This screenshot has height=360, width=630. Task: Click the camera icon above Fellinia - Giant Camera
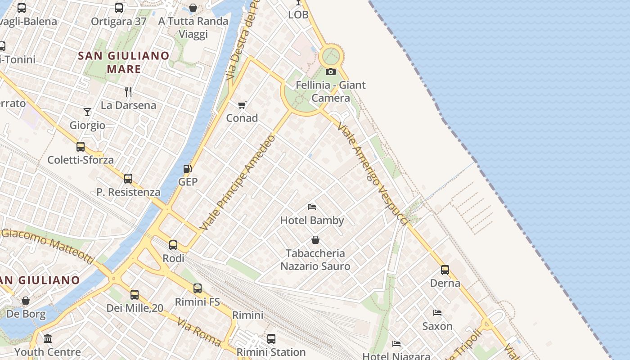pos(330,72)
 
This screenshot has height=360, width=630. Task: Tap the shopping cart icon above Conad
pos(242,105)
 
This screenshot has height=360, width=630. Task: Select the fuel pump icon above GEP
pos(187,169)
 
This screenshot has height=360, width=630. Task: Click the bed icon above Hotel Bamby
pos(312,207)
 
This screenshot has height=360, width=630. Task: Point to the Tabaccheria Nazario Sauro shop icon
pos(315,240)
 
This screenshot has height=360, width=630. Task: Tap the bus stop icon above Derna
pos(445,270)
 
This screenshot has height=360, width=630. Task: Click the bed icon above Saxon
pos(437,313)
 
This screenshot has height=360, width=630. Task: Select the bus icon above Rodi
pos(173,245)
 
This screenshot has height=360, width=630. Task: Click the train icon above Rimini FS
pos(198,288)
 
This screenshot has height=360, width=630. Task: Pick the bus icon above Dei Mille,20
pos(135,295)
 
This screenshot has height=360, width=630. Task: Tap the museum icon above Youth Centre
pos(48,338)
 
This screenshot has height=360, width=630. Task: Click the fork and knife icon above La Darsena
pos(128,92)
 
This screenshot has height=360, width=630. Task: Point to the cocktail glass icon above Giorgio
pos(87,112)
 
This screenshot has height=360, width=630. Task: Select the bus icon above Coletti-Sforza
pos(81,146)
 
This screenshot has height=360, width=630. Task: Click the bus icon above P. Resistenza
pos(128,179)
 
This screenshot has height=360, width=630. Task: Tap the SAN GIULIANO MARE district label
pos(124,62)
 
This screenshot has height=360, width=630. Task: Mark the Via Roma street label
pos(198,332)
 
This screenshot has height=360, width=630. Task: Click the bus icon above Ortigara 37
pos(119,8)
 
